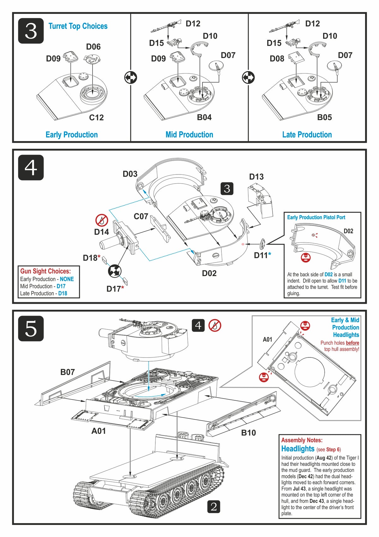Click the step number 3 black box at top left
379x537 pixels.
31,31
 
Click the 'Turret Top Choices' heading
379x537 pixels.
78,26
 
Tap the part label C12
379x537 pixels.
96,117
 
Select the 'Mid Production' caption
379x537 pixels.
189,135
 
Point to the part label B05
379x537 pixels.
324,117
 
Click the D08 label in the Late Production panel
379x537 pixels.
277,59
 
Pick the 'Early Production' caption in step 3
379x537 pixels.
72,135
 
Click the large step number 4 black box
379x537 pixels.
31,168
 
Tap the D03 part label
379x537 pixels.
130,174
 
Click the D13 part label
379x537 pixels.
256,177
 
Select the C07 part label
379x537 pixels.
141,216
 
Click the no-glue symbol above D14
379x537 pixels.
102,220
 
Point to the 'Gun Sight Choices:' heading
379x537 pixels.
45,271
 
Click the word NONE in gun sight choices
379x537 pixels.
67,279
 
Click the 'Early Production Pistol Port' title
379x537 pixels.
316,217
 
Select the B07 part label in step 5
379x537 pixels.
68,372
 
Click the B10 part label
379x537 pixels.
248,433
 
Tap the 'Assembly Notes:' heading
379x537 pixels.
302,440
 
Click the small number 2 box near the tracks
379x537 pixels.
214,507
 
